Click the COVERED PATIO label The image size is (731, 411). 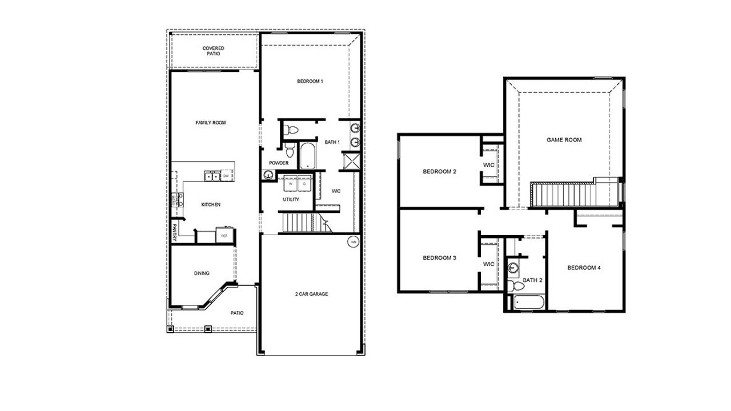coord(213,51)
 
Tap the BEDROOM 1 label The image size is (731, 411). coord(310,82)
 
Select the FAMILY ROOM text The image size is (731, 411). coord(211,123)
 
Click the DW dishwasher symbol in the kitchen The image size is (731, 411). coord(226,176)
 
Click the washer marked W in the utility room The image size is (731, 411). coord(291,184)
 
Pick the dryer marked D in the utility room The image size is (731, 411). coord(304,184)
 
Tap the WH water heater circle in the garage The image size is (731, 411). coord(353,242)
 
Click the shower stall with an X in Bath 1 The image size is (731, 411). coord(350,160)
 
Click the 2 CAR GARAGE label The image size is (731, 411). coord(311,294)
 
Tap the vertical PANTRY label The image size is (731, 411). coord(175,233)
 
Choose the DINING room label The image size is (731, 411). coord(202,273)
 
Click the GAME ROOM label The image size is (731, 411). coord(564,140)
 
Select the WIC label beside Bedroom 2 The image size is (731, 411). coord(489,165)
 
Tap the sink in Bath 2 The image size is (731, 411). coord(513,267)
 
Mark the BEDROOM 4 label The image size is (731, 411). coord(584,268)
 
